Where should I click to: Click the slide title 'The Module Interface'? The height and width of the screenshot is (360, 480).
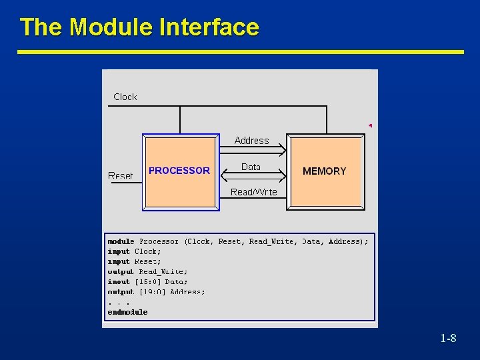click(x=139, y=27)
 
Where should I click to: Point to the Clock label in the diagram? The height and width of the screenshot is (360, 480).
click(x=125, y=97)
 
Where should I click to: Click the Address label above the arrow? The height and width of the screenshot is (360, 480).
click(x=251, y=141)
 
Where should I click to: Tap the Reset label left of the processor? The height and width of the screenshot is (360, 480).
click(x=121, y=176)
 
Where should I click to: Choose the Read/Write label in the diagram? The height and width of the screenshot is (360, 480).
click(x=253, y=192)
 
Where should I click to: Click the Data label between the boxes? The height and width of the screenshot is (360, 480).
click(x=251, y=167)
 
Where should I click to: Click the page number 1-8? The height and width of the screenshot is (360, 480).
click(x=448, y=339)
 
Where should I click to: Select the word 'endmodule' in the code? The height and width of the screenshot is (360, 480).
click(x=128, y=312)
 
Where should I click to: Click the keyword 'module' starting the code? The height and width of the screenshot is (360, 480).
click(x=121, y=241)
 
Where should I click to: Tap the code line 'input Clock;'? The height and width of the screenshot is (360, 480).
click(x=135, y=252)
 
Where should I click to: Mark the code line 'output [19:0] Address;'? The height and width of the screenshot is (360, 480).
click(x=157, y=292)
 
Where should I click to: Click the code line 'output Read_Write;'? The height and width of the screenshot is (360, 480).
click(x=148, y=272)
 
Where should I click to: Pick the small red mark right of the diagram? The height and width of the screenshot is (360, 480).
click(x=370, y=125)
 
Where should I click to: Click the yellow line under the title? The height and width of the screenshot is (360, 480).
click(x=240, y=52)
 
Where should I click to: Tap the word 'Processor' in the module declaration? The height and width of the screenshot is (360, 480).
click(x=159, y=241)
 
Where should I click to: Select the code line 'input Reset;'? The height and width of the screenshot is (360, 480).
click(x=135, y=262)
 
